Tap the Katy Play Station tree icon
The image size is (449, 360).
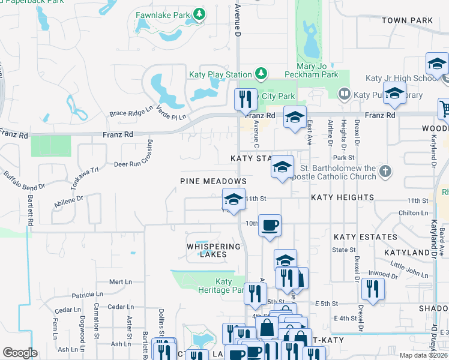coord(261,74)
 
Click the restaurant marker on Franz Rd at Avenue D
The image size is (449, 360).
coord(245,100)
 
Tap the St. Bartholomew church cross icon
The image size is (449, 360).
coord(385,172)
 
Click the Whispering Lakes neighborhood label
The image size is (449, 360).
coord(214,250)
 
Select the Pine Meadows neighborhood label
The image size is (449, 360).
coord(214,181)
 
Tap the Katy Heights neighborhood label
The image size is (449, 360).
coord(342,197)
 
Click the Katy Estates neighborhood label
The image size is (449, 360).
coord(365,237)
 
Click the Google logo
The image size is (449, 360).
coord(20,352)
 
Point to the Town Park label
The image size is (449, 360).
coord(406,20)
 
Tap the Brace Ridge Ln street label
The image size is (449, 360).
coord(131,112)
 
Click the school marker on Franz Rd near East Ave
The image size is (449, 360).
coord(295,117)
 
